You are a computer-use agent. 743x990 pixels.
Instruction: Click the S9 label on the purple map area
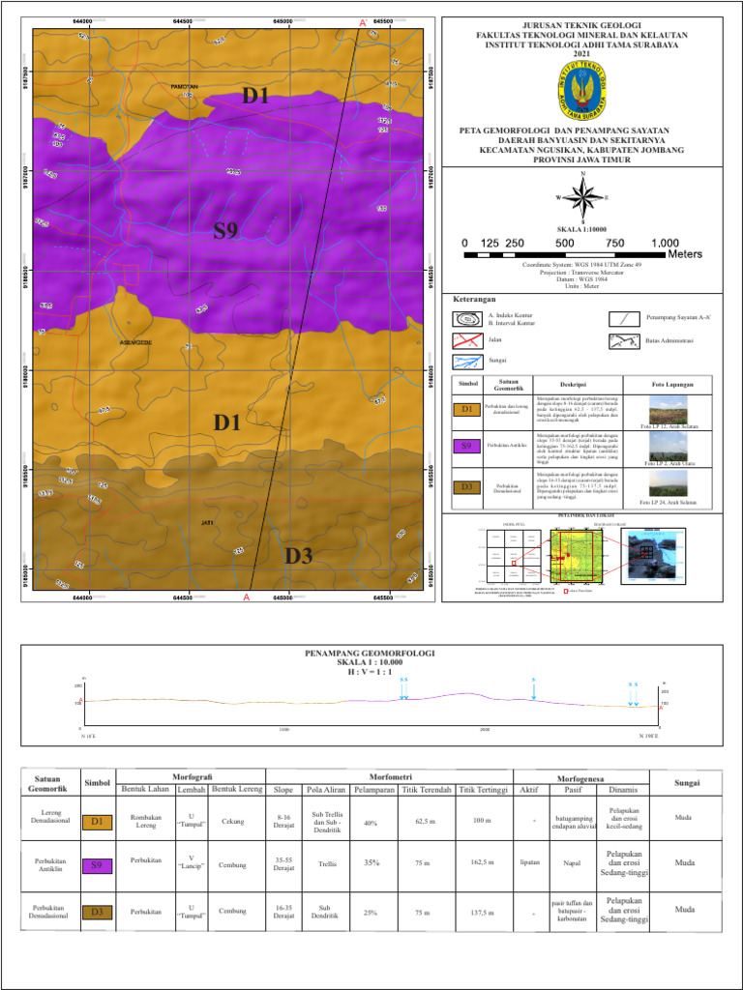click(x=225, y=230)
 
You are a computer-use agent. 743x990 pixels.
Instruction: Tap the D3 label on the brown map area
click(x=298, y=556)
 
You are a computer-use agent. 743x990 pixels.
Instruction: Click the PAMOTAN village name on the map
click(x=184, y=86)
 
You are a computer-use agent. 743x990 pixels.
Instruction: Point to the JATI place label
click(x=206, y=522)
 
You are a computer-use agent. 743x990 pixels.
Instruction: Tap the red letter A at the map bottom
click(x=247, y=599)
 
